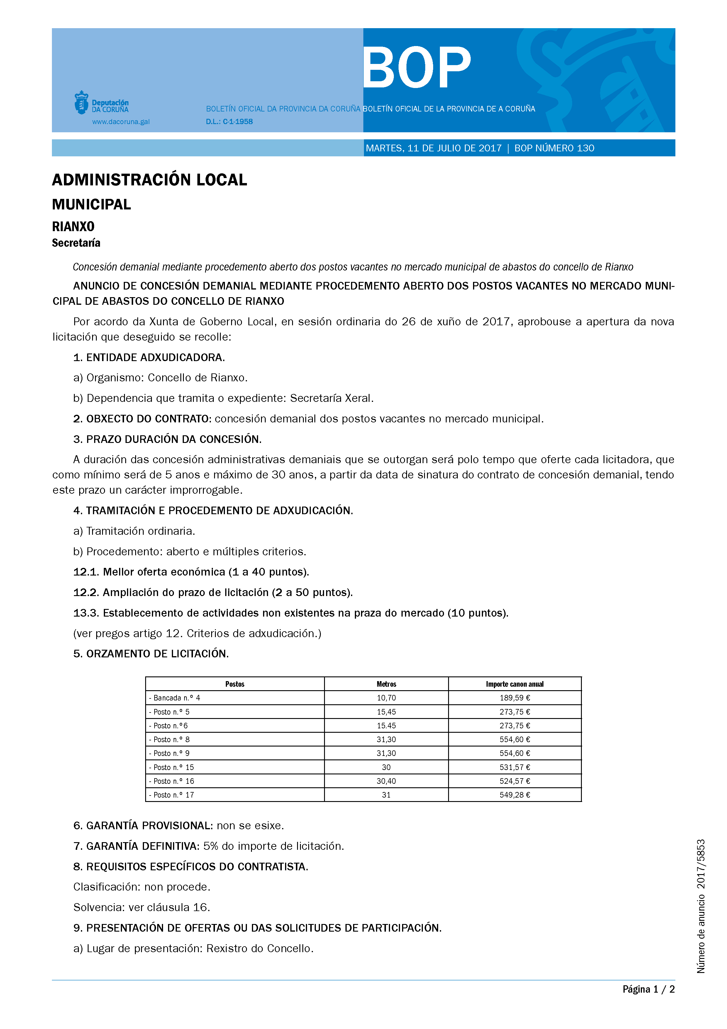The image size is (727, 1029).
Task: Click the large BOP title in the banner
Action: [x=416, y=68]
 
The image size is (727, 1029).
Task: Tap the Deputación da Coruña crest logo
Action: [x=81, y=103]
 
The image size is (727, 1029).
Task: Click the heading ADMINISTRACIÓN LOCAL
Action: [x=150, y=180]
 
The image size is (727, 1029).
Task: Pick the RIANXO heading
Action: [x=73, y=227]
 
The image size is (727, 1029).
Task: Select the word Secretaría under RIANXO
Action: [x=76, y=243]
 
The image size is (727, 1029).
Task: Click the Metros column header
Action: [x=386, y=684]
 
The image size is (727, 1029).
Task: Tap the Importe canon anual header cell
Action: [x=515, y=684]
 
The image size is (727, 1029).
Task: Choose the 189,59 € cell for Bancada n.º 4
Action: [x=515, y=698]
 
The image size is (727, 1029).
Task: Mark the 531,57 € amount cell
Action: [x=515, y=767]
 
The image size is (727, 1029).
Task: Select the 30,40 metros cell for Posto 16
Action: [x=386, y=781]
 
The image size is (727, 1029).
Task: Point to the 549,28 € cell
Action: [x=515, y=795]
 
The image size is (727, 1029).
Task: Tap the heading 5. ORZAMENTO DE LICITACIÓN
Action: [x=151, y=654]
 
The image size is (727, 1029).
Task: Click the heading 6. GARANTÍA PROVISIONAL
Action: [x=143, y=825]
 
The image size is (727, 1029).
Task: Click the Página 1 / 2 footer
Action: [x=648, y=989]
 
